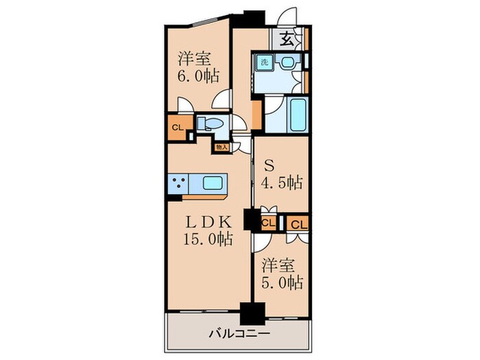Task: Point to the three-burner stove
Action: click(x=180, y=184)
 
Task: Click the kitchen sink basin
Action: click(x=213, y=184)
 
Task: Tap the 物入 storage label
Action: click(x=221, y=147)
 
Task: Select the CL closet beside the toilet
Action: click(x=177, y=127)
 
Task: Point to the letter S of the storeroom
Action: click(x=269, y=165)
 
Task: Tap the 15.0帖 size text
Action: click(x=206, y=239)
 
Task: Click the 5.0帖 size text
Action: click(x=281, y=282)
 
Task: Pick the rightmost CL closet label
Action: click(x=299, y=223)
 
